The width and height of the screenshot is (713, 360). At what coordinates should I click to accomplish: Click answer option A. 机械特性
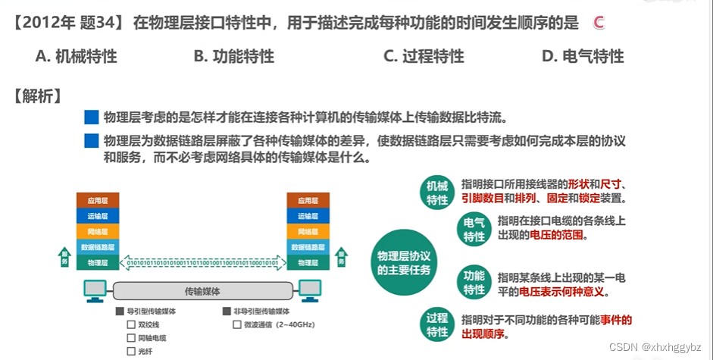click(x=76, y=56)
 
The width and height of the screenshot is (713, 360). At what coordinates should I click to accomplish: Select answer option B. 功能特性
click(x=233, y=56)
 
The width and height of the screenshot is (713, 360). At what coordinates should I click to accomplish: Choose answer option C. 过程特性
click(x=424, y=56)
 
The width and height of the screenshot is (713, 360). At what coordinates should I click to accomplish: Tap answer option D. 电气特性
click(x=583, y=56)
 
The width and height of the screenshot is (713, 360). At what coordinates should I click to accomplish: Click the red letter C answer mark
click(x=598, y=23)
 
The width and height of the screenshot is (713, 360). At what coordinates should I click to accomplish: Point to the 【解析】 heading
click(x=37, y=96)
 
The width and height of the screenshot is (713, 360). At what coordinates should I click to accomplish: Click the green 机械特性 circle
click(x=437, y=193)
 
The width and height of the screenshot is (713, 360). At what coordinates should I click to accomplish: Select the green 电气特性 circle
click(x=474, y=230)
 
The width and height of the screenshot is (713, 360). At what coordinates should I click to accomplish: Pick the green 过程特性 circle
click(x=437, y=324)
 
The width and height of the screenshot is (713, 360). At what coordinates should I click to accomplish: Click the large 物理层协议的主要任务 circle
click(x=404, y=263)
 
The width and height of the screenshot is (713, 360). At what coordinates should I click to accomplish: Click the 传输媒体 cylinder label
click(x=203, y=291)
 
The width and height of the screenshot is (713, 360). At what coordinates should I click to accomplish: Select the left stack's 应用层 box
click(x=98, y=201)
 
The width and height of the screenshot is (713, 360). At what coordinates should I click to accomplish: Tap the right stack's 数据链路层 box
click(x=308, y=247)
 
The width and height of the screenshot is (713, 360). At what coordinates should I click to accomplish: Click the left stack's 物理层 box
click(x=98, y=263)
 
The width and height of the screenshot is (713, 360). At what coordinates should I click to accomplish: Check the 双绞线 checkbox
click(x=131, y=324)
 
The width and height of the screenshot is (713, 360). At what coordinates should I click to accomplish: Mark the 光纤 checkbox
click(x=131, y=351)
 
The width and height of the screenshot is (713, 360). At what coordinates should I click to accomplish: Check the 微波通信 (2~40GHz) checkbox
click(x=237, y=324)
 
